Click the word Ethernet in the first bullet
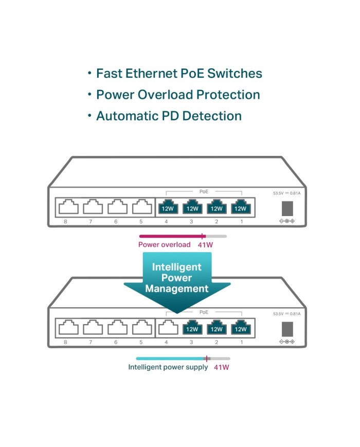(151, 74)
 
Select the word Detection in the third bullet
(209, 116)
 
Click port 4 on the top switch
(167, 207)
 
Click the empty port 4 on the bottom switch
(167, 328)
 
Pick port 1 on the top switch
(240, 207)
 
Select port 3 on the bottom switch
(192, 328)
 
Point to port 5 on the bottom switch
(141, 328)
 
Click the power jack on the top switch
(286, 208)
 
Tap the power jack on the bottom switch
(286, 328)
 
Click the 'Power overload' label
(164, 245)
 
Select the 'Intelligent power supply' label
(168, 367)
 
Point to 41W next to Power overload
(205, 245)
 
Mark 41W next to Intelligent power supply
(222, 367)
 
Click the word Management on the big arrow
(176, 289)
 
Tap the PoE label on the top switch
(204, 191)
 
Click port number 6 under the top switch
(116, 221)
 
